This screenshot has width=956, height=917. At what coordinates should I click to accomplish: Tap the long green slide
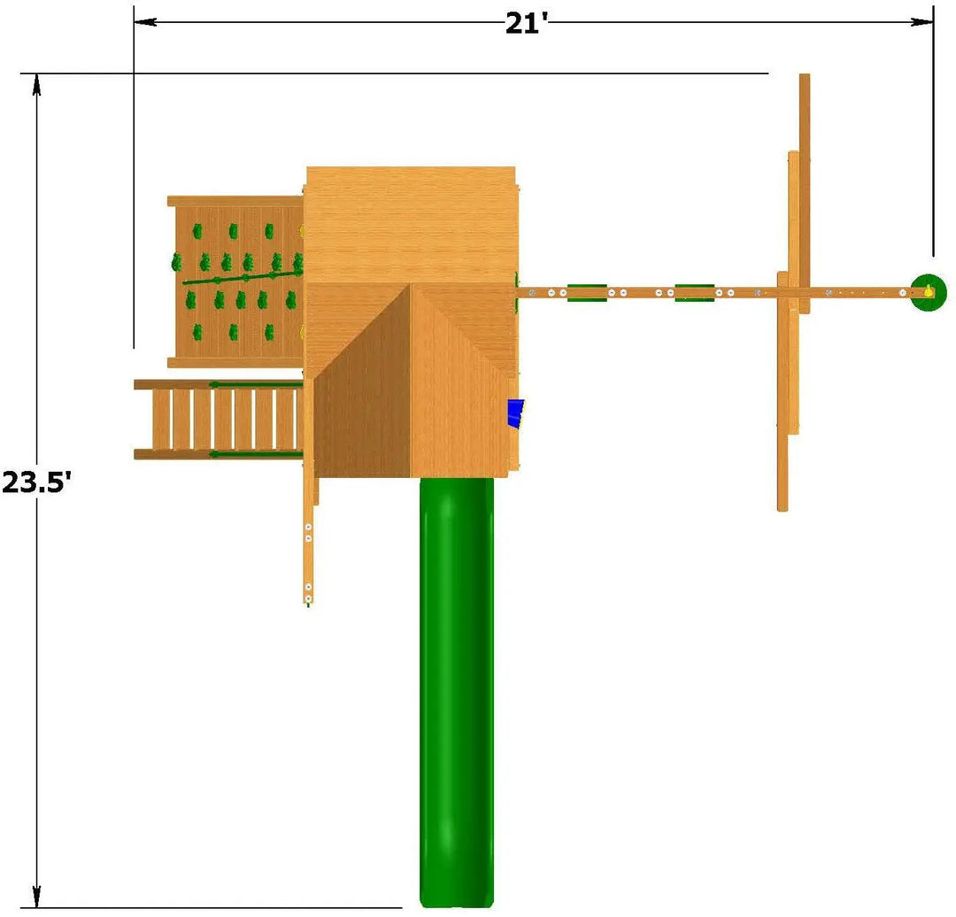tap(457, 692)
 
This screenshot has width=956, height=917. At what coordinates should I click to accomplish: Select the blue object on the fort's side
tap(516, 413)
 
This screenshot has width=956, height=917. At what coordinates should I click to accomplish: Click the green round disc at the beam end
tap(929, 292)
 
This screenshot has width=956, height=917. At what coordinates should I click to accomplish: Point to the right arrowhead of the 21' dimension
tap(921, 22)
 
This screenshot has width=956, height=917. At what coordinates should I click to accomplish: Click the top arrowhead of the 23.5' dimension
tap(37, 85)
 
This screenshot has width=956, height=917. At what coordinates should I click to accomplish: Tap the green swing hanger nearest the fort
tap(587, 293)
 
